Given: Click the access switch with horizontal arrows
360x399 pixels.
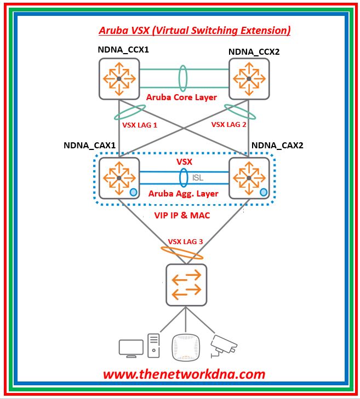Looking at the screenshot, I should tap(186, 285).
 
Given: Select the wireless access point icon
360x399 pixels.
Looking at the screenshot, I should tap(185, 346).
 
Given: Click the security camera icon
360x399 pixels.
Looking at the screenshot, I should tap(224, 344).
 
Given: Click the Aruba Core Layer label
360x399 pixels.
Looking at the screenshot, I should tap(182, 97).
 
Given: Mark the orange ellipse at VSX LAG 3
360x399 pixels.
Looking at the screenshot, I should tap(181, 253).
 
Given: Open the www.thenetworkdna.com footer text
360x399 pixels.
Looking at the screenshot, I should tap(184, 374).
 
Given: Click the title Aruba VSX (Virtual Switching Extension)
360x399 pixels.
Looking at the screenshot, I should tap(195, 30).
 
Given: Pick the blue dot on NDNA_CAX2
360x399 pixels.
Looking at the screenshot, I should tap(264, 192).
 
